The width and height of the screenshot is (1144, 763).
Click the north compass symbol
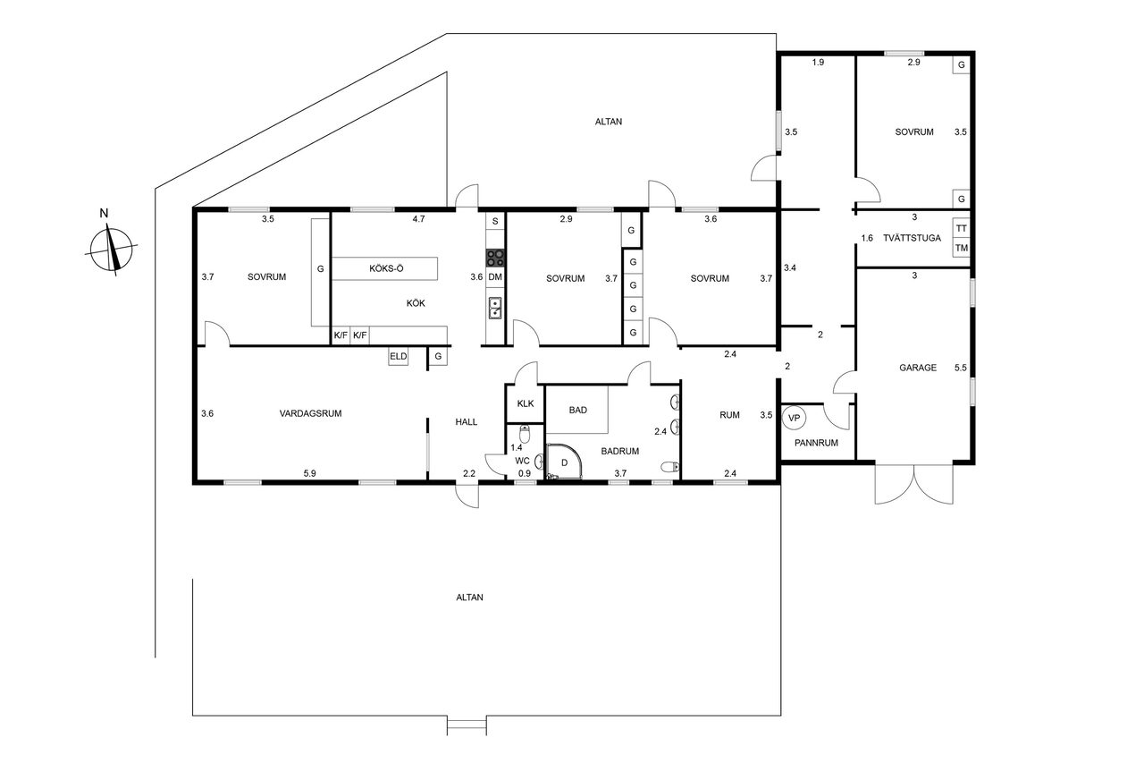tap(111, 249)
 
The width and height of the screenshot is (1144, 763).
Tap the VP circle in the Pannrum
tap(794, 418)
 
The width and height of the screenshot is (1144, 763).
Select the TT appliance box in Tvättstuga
tap(961, 228)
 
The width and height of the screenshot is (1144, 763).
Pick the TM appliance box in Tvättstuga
tap(961, 248)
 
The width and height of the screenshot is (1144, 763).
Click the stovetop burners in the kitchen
tap(495, 258)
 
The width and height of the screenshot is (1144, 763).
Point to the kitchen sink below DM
tap(495, 308)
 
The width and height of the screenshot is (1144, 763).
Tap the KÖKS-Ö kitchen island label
tap(386, 268)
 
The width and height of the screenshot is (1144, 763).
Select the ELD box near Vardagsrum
tap(399, 356)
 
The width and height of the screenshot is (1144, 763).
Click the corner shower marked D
tap(564, 462)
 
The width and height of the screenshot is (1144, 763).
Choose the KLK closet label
tap(526, 403)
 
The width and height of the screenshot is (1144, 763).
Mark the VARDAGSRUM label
tap(310, 413)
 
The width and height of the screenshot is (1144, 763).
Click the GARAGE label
tap(918, 368)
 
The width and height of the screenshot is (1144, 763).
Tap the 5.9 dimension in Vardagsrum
tap(309, 473)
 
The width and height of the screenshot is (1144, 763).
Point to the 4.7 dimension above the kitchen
tap(418, 219)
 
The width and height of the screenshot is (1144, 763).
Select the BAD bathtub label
tap(577, 410)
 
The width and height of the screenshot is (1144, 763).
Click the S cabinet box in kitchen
tap(495, 221)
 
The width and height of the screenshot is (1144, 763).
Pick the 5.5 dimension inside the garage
tap(960, 368)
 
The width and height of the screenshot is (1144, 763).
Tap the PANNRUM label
tap(816, 443)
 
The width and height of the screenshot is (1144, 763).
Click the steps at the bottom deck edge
tap(467, 725)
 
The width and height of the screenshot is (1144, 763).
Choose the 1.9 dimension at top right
tap(818, 63)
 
